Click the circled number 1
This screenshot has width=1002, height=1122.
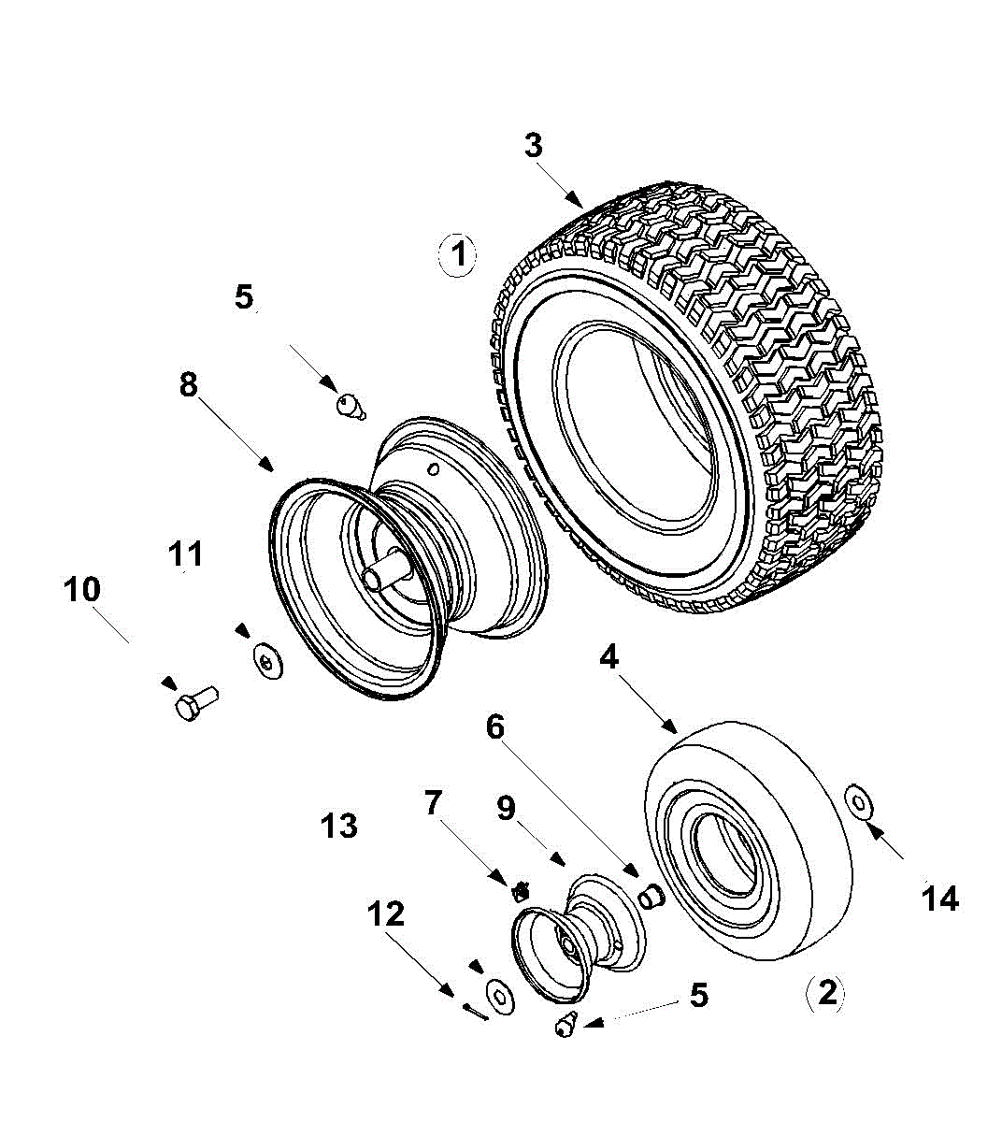(458, 253)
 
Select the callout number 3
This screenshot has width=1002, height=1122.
(533, 146)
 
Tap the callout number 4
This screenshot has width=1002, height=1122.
(608, 657)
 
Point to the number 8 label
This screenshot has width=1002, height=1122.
(189, 383)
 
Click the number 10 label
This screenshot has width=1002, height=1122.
(82, 590)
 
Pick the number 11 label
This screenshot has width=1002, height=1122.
(185, 554)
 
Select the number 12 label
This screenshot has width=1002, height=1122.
(385, 913)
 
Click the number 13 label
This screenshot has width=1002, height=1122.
(338, 826)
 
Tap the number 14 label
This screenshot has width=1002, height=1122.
(939, 899)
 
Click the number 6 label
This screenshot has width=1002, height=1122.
(494, 726)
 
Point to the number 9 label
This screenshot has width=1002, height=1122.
(506, 807)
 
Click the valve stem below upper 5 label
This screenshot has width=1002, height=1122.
(349, 405)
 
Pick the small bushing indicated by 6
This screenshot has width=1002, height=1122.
(650, 895)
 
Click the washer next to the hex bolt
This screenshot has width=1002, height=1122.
(269, 662)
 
